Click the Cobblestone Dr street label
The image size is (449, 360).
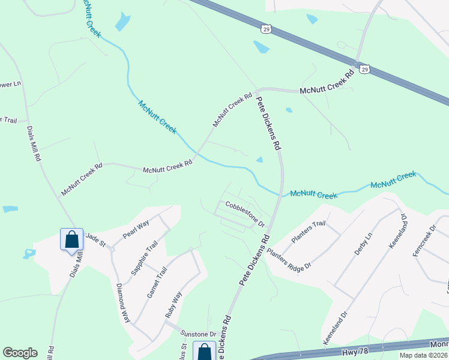(x=245, y=214)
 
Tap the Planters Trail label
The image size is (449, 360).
(x=308, y=232)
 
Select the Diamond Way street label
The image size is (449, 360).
(x=123, y=302)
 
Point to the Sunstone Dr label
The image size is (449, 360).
(x=199, y=334)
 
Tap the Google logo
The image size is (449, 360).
(x=20, y=352)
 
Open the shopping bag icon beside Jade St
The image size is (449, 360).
(x=71, y=239)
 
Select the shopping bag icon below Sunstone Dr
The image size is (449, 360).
(x=204, y=351)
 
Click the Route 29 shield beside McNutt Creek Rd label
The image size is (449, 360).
(x=364, y=70)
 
